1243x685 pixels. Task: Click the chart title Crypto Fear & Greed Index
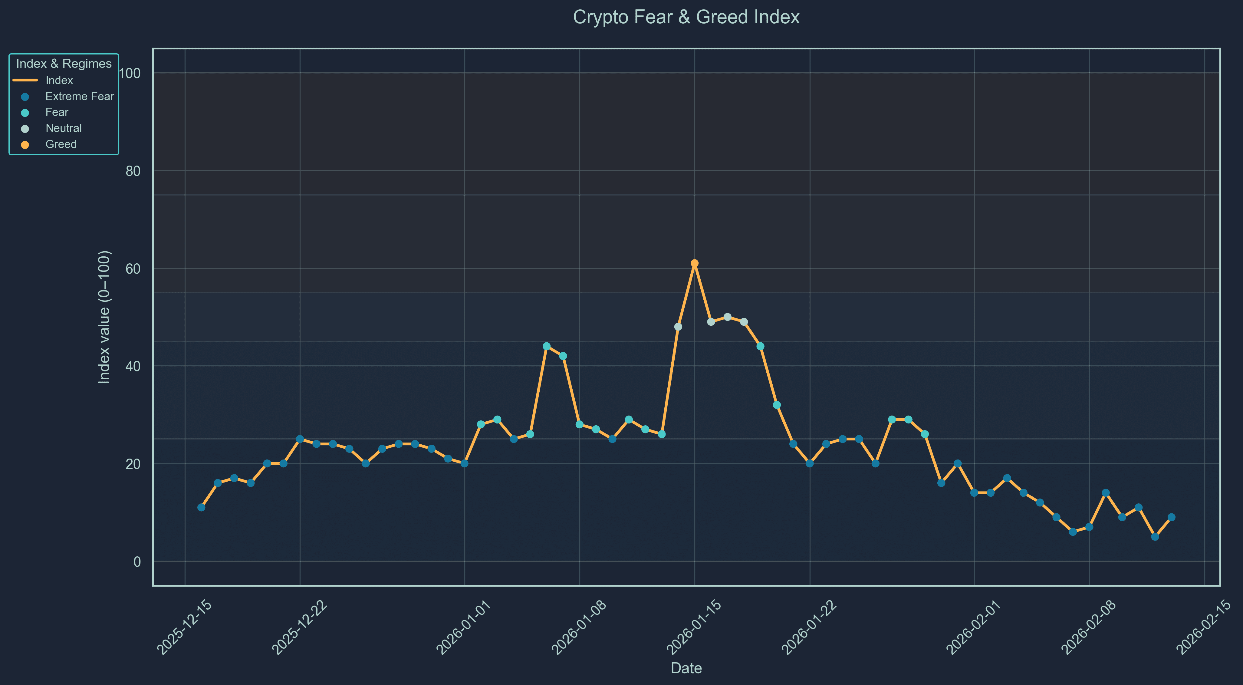(x=686, y=17)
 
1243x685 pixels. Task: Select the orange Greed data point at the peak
(x=694, y=263)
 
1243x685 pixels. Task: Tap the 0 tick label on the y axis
(x=137, y=562)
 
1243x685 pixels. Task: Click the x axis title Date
(x=686, y=668)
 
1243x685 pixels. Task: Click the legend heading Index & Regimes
(x=64, y=64)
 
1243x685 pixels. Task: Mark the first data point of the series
(x=201, y=507)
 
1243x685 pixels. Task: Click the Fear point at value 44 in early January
(x=546, y=346)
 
